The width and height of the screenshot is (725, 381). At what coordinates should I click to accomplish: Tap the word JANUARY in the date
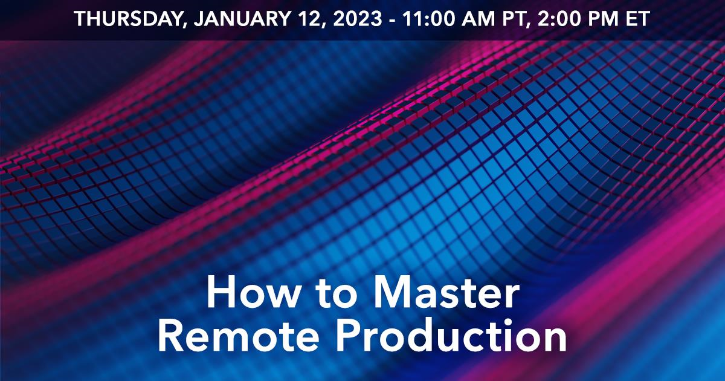pos(242,19)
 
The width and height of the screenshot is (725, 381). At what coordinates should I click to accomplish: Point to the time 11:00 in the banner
pos(429,19)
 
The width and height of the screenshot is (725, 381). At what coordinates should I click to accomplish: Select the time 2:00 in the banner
pos(559,19)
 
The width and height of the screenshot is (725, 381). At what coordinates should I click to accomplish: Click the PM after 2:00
pos(602,19)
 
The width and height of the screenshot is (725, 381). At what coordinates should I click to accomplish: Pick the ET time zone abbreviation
pos(637,19)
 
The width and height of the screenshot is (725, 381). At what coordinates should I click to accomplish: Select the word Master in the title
pos(445,292)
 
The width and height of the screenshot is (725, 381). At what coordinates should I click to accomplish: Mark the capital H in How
pos(221,292)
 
